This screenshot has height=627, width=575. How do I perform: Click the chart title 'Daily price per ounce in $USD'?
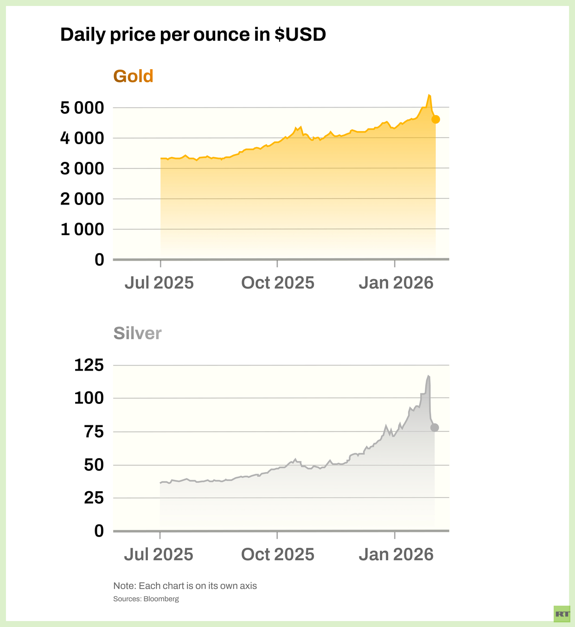click(x=193, y=35)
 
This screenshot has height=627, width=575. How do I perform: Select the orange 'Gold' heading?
click(x=133, y=76)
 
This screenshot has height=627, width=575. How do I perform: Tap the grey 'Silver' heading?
click(x=137, y=333)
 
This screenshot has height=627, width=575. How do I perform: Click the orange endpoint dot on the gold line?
click(x=435, y=119)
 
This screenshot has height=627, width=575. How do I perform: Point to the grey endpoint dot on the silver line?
click(x=434, y=428)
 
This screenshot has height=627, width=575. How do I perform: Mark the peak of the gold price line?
click(x=429, y=95)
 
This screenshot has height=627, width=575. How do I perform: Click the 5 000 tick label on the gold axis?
click(x=82, y=108)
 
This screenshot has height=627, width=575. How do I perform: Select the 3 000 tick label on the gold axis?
click(x=82, y=169)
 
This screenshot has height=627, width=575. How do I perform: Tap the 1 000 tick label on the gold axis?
click(x=82, y=229)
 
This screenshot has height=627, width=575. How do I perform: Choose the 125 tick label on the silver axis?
click(x=89, y=365)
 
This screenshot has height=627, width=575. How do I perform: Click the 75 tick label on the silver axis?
click(x=94, y=432)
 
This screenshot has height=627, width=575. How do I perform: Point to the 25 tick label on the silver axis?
click(x=94, y=498)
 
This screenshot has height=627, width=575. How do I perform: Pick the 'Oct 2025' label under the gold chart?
click(x=277, y=283)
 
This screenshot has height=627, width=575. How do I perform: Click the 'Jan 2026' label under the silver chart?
click(x=396, y=554)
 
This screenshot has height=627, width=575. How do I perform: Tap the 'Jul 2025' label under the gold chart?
click(x=159, y=283)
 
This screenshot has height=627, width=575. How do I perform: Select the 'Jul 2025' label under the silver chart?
click(x=159, y=554)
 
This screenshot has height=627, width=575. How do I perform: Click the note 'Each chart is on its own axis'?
click(x=185, y=586)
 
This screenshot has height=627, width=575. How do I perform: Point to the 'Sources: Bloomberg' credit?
click(x=146, y=599)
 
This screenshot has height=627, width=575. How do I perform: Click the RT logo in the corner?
click(x=562, y=614)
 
